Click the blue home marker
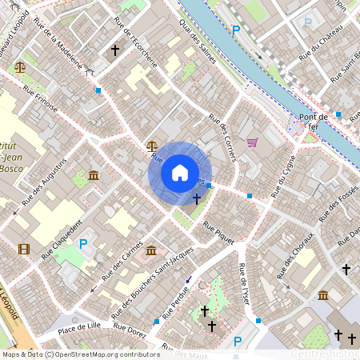[x=180, y=172]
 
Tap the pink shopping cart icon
[x=253, y=142]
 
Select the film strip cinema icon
[x=23, y=249]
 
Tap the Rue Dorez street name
[x=129, y=327]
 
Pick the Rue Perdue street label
[x=176, y=303]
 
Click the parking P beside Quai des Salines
[x=235, y=30]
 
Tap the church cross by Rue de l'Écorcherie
[x=114, y=50]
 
